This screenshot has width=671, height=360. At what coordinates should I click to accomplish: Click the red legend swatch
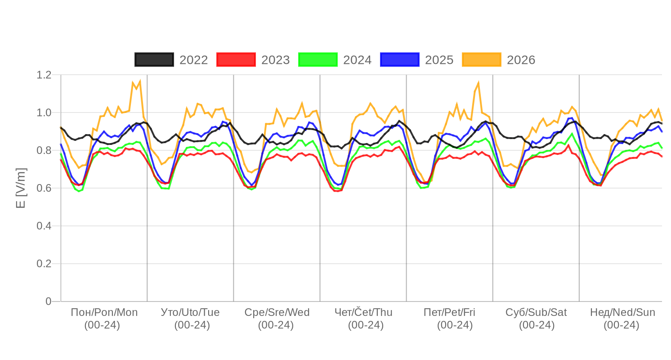point(236,60)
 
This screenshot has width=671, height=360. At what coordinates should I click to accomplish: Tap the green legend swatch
point(318,60)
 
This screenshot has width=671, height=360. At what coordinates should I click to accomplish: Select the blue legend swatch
point(400,60)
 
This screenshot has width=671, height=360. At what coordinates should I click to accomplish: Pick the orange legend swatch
point(482,60)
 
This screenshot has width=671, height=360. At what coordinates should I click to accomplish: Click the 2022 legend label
point(194,60)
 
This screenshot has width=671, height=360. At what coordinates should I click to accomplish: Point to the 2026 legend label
point(521,60)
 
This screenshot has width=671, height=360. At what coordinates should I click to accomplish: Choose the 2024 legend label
point(358,60)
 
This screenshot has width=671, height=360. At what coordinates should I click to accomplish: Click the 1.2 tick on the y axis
point(44,75)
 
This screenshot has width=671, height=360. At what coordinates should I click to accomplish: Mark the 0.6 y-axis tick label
point(44,188)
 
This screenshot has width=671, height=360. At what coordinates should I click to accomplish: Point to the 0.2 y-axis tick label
point(44,263)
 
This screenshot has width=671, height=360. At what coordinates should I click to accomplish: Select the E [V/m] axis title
point(21,188)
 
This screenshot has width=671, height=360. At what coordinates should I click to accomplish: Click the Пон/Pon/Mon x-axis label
point(104,312)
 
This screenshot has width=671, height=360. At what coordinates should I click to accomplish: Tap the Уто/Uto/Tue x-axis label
point(190,312)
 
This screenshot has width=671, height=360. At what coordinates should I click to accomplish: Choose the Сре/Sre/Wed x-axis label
point(277,312)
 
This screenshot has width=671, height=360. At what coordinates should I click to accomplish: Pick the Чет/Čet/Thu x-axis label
point(363,312)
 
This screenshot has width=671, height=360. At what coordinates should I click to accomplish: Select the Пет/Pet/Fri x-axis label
point(449,312)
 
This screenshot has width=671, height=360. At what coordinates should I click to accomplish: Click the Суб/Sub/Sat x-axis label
point(536,312)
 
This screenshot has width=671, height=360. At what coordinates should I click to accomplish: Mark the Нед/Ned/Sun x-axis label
point(622,312)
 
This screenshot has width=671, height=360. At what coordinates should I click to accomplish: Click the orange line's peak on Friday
point(478,82)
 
